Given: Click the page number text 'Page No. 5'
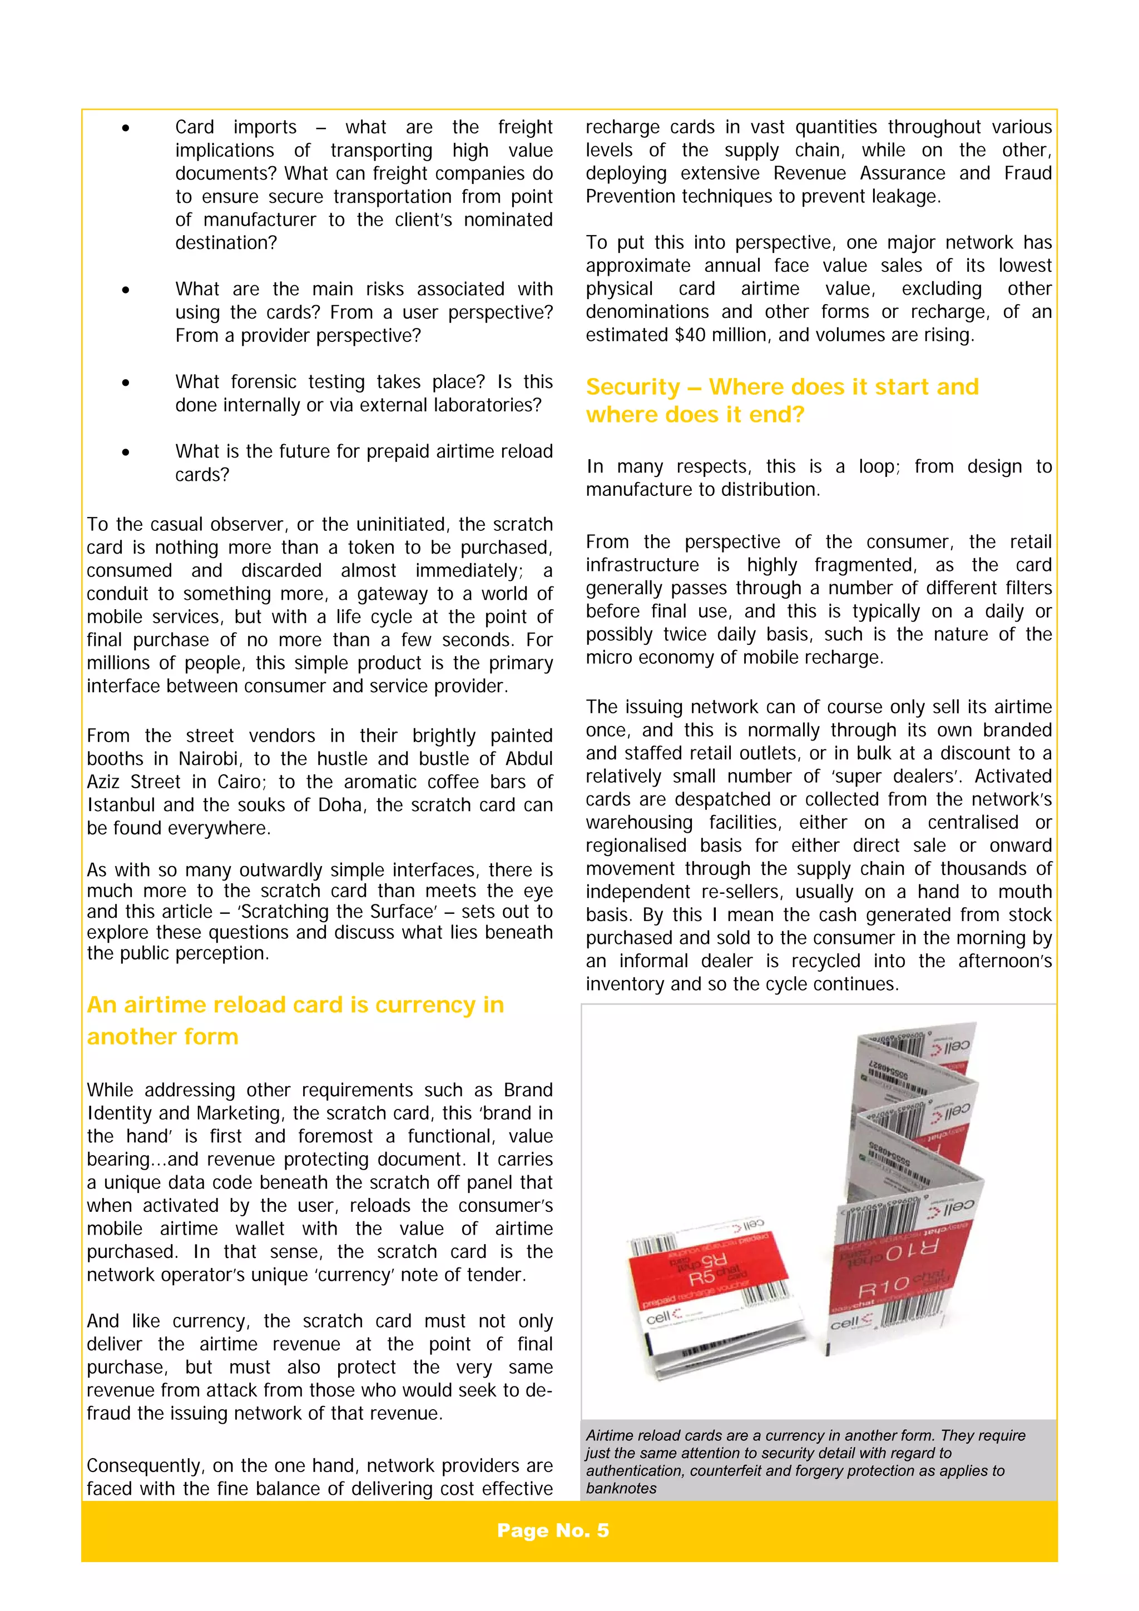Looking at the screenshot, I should pyautogui.click(x=552, y=1530).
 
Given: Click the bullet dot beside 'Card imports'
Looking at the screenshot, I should pyautogui.click(x=126, y=128).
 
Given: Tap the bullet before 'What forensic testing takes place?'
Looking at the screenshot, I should pyautogui.click(x=126, y=382).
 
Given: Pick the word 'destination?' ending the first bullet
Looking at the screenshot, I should pyautogui.click(x=226, y=243).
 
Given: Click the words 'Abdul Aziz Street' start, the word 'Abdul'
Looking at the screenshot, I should pyautogui.click(x=528, y=759).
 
